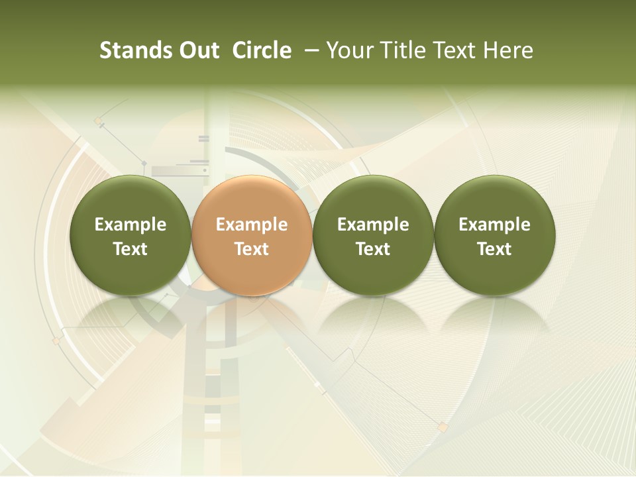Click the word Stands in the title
(x=134, y=50)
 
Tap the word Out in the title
(x=197, y=50)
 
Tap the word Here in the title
(x=508, y=50)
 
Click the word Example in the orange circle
(x=252, y=225)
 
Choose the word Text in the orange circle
(x=252, y=249)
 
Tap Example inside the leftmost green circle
(x=131, y=225)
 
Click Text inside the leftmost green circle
(x=131, y=249)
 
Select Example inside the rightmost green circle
(x=494, y=225)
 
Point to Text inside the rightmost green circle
(x=494, y=249)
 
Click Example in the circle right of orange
(x=373, y=225)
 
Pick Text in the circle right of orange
(x=373, y=249)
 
